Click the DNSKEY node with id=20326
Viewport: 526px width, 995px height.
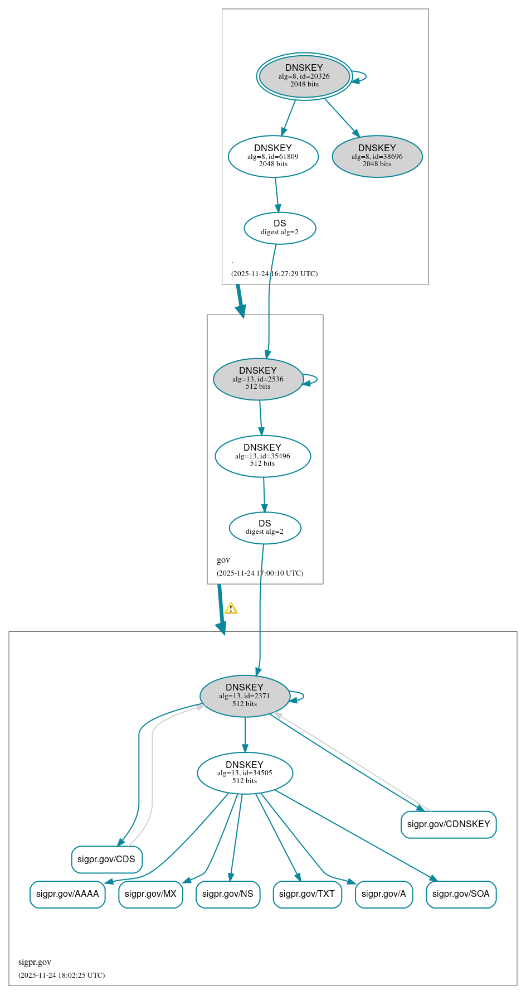click(304, 76)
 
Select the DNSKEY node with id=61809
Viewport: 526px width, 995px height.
click(273, 157)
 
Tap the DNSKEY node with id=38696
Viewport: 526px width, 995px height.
click(377, 157)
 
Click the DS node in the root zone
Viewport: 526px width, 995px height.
click(280, 228)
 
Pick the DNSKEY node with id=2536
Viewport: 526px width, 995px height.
click(258, 379)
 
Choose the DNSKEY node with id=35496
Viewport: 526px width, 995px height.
click(262, 456)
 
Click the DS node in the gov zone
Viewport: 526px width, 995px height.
click(265, 528)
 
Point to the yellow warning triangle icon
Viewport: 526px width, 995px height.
click(231, 608)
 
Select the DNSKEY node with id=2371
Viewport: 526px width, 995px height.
click(245, 696)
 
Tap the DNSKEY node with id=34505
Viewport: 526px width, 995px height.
click(245, 773)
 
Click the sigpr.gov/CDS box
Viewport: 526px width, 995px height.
click(106, 859)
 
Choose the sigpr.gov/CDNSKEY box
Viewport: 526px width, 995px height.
click(449, 824)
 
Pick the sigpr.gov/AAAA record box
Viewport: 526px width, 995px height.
click(67, 894)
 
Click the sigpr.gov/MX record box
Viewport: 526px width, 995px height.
click(150, 894)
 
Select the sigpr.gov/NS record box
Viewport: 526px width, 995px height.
click(228, 894)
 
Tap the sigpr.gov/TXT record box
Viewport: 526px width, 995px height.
click(307, 894)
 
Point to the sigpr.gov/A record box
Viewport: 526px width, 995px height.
click(384, 894)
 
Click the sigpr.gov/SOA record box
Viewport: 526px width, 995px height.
click(461, 894)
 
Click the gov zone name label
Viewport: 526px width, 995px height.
click(223, 560)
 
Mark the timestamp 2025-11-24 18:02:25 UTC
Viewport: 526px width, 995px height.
click(61, 975)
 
